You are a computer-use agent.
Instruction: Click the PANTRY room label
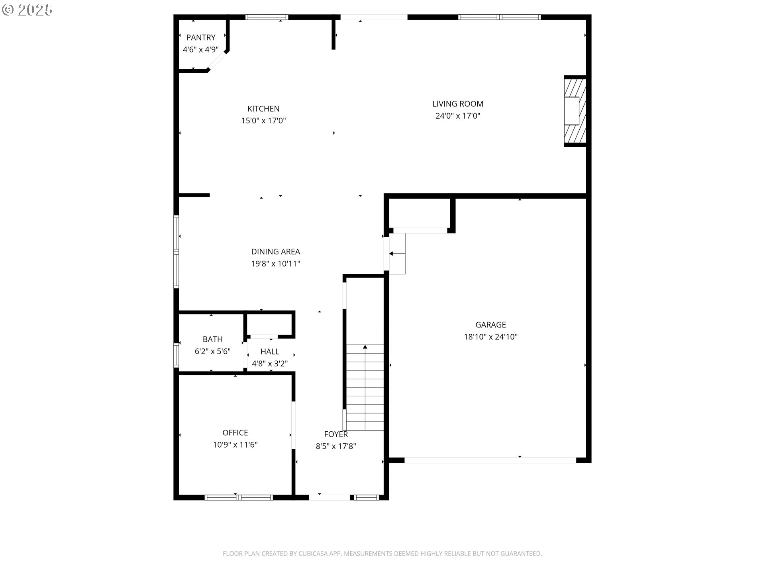coord(201,37)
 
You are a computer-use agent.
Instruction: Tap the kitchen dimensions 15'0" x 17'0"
coord(263,121)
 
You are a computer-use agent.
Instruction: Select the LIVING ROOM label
coord(458,104)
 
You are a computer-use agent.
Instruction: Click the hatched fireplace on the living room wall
coord(575,111)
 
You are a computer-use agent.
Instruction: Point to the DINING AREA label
coord(275,251)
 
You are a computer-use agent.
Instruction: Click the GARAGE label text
coord(490,325)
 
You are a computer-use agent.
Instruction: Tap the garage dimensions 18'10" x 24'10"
coord(490,337)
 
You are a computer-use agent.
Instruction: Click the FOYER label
coord(335,434)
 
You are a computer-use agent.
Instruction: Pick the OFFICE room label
coord(235,433)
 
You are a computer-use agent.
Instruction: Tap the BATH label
coord(212,339)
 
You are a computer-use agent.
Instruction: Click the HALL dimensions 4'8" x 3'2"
coord(270,364)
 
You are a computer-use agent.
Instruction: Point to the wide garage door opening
coord(490,460)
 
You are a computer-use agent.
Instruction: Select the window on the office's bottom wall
coord(238,497)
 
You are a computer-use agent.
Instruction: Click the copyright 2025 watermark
coord(27,10)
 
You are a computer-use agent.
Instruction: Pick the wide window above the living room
coord(499,17)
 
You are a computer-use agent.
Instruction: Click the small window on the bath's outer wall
coord(176,355)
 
